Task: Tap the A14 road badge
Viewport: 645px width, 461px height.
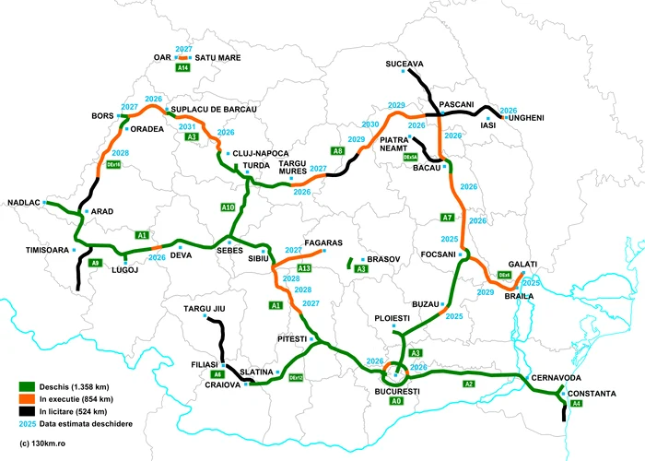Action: coord(183,67)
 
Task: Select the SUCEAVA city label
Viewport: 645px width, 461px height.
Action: coord(405,64)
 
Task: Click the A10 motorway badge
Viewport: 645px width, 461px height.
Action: coord(229,207)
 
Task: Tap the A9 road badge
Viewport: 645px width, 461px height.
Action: coord(95,263)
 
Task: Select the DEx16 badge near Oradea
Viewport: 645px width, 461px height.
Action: coord(115,164)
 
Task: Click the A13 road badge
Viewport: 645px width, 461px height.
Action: coord(304,267)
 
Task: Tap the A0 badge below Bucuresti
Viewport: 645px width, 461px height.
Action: coord(396,401)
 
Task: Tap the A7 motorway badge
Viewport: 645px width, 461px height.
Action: coord(447,218)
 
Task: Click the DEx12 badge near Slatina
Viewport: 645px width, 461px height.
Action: coord(296,378)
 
